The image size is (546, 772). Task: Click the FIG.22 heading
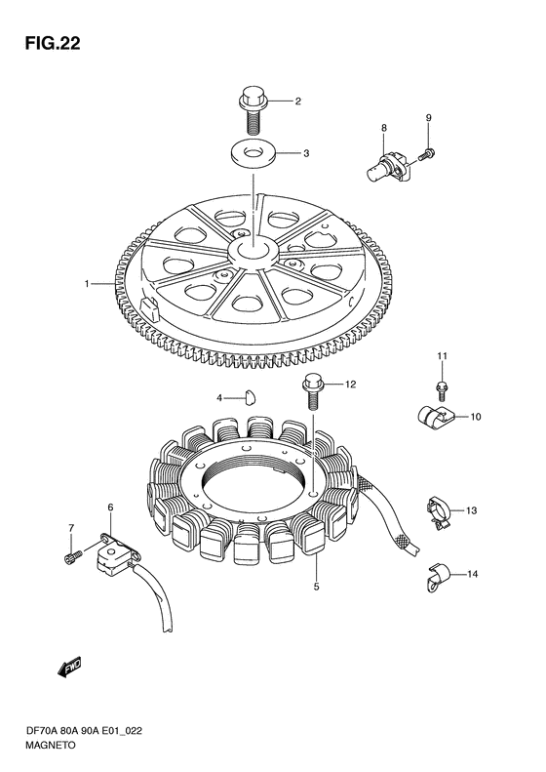(53, 43)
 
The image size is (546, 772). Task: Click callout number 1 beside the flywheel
(87, 284)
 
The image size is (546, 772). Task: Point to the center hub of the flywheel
(253, 250)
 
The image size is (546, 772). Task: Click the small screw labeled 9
(426, 153)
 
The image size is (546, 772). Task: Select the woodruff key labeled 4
(251, 396)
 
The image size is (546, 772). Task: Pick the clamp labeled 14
(436, 575)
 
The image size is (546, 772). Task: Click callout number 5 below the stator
(316, 587)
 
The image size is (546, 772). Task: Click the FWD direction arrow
(69, 668)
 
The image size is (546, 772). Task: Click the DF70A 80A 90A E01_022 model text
(84, 731)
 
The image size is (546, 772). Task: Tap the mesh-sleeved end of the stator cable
(407, 543)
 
